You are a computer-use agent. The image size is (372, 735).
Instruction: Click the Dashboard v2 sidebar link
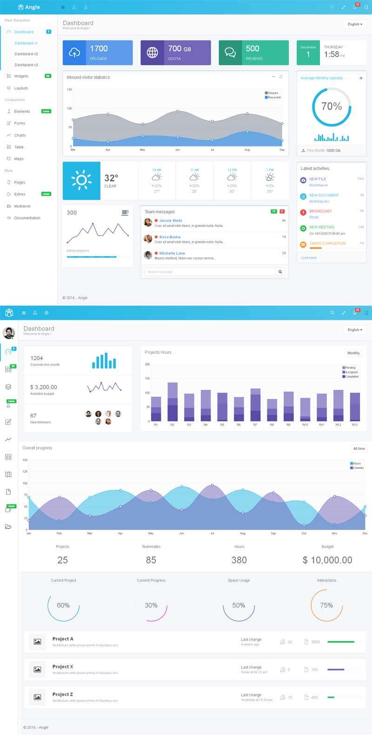point(26,54)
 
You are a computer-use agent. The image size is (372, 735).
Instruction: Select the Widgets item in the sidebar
point(21,76)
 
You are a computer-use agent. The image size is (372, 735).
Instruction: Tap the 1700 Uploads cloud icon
point(74,53)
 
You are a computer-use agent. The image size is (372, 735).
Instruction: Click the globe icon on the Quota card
point(152,53)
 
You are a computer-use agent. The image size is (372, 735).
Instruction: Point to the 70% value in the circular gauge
point(332,107)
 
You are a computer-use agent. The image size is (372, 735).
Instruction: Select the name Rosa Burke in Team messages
point(170,237)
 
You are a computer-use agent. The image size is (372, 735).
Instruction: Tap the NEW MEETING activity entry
point(322,227)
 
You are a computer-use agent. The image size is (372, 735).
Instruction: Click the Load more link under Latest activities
point(308,257)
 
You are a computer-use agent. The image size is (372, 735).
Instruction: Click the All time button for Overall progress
point(359,449)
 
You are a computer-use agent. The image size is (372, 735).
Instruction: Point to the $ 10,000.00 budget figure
point(327,560)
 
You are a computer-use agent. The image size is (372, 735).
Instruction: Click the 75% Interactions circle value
point(326,605)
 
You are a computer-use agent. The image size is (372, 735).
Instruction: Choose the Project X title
point(63,667)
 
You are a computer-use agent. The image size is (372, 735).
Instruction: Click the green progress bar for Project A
point(341,642)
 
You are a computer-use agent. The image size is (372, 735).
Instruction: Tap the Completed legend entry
point(352,377)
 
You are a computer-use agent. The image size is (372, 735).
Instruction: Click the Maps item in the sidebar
point(19,159)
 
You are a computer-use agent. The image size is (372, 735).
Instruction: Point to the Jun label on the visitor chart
point(177,150)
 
